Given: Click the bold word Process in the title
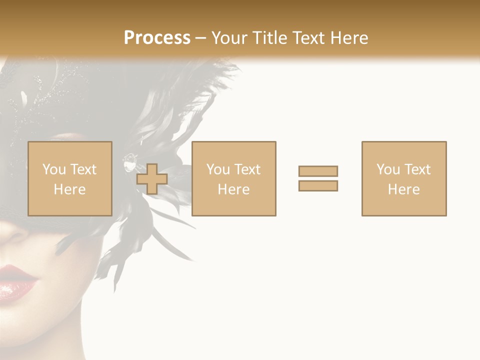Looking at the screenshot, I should (x=157, y=37).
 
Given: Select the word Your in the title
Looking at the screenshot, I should (x=228, y=37).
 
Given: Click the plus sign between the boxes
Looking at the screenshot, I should (x=152, y=179).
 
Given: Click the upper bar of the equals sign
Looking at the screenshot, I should (x=318, y=171).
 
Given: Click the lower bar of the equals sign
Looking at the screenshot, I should (x=318, y=185).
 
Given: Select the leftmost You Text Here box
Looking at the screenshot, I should (x=69, y=178).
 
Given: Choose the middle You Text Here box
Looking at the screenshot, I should (x=233, y=178).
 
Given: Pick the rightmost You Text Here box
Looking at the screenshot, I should (x=403, y=178).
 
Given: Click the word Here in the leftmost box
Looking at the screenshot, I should (x=69, y=189).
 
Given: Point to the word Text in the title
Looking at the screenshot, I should (x=307, y=37).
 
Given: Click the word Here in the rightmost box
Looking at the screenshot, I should (x=403, y=189).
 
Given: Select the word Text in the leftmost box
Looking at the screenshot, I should (x=83, y=169).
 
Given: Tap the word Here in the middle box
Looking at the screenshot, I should (x=233, y=189).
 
